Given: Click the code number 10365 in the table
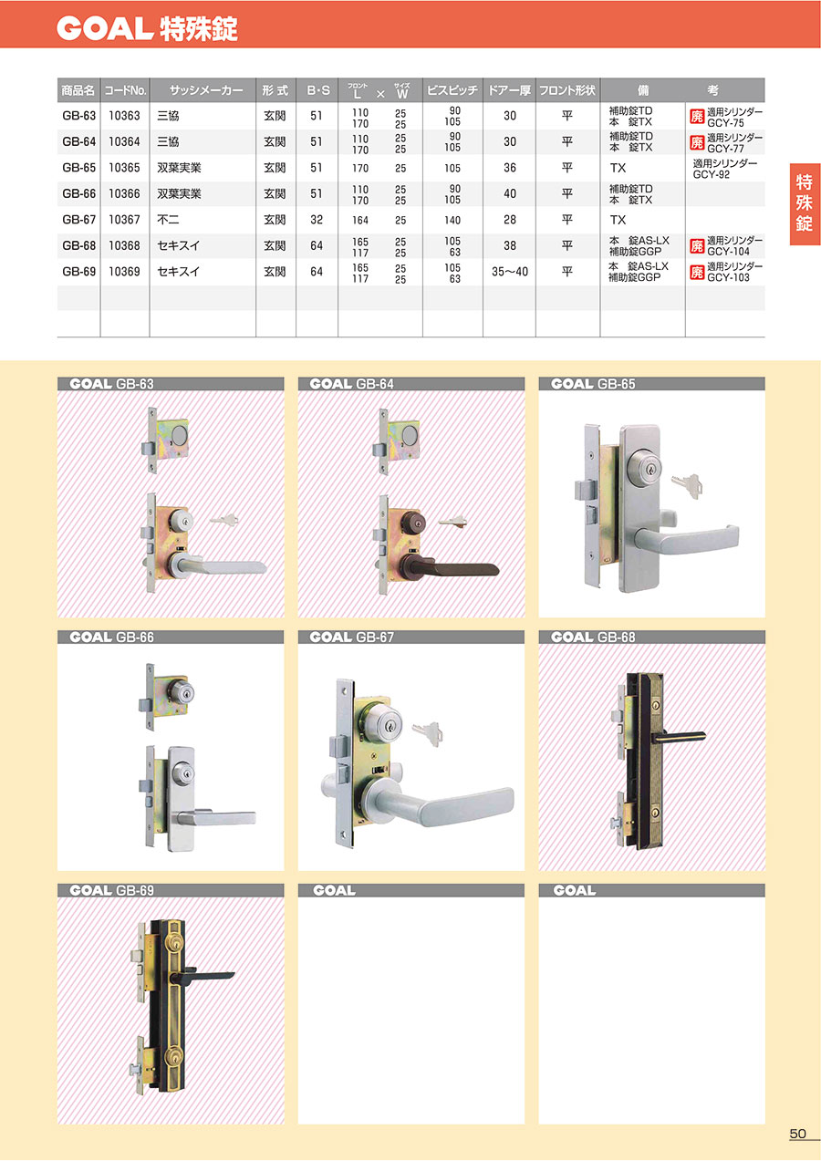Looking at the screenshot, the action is (124, 168).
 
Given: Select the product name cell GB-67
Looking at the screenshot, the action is (78, 220).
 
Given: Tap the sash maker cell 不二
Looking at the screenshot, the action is (168, 220).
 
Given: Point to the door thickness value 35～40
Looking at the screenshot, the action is (510, 272).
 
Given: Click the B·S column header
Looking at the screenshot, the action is (317, 90).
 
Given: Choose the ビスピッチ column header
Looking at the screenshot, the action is (452, 90).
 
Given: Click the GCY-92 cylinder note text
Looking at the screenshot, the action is (712, 175).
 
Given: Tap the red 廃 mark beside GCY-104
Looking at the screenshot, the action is (697, 245).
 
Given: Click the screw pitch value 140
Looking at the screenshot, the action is (452, 221).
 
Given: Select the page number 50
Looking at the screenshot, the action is (797, 1134).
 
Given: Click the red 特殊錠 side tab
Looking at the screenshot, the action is (805, 203).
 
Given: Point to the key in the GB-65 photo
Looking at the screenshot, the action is (688, 485).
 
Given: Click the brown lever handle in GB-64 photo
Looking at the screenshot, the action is (456, 566).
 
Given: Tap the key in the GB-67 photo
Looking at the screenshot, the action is (428, 733).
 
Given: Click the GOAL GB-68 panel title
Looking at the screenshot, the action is (593, 637).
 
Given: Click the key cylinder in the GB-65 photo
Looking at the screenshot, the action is (644, 467).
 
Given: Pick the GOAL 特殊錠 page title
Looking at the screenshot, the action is (147, 28).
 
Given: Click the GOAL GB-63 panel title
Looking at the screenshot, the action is (111, 384).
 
